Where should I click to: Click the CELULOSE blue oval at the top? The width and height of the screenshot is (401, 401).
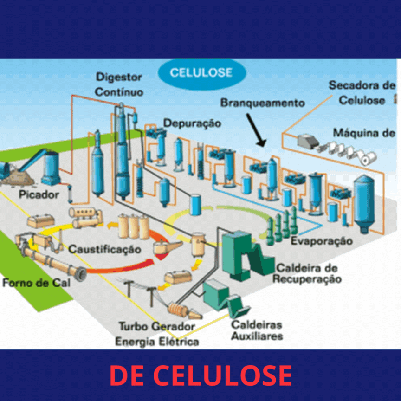tap(201, 73)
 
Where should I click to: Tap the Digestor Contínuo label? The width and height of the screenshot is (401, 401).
tap(119, 84)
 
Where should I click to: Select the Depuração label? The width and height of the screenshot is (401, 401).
tap(192, 123)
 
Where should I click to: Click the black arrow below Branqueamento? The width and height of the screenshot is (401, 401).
tap(256, 130)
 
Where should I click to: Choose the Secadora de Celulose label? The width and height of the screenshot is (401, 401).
tap(362, 92)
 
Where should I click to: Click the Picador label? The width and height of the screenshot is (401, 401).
tap(39, 194)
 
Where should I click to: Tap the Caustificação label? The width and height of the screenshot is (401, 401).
tap(104, 249)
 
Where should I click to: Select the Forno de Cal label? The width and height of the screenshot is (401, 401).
tap(36, 282)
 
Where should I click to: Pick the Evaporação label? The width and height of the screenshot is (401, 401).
tap(321, 241)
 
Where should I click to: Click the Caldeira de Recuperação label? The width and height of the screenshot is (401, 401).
tap(307, 273)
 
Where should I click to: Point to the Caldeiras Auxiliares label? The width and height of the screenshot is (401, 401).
tap(257, 330)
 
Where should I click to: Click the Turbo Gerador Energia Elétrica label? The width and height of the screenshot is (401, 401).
tap(157, 334)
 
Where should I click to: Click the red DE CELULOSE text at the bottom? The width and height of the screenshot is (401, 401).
tap(200, 375)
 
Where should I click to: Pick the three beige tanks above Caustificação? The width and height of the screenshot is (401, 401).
tap(133, 226)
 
